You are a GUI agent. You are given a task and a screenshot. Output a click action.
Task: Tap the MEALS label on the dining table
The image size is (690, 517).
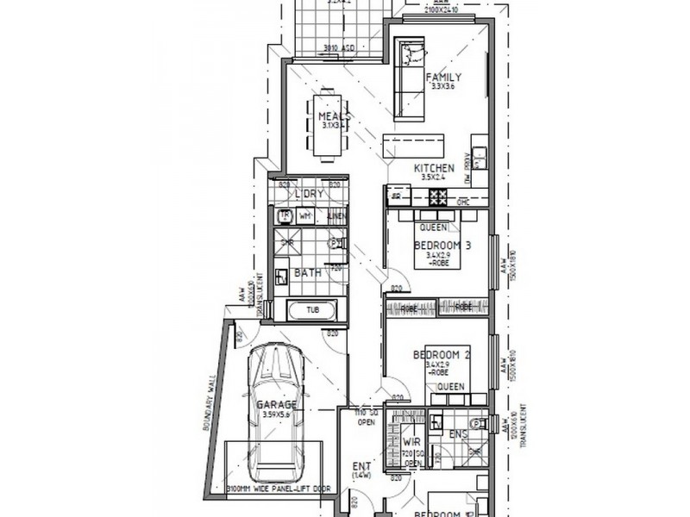(333, 116)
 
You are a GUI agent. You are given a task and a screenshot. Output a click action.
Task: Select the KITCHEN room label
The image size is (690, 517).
(434, 167)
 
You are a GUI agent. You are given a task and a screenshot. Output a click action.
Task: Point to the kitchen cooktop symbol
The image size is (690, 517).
(439, 197)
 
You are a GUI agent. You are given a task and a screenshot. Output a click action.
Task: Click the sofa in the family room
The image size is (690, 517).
(408, 78)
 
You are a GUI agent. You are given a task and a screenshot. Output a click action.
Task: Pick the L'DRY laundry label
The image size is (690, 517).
(308, 194)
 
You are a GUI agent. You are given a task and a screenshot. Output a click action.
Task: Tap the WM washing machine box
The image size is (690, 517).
(305, 215)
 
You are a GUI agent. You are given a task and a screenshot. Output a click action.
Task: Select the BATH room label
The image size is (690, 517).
(308, 273)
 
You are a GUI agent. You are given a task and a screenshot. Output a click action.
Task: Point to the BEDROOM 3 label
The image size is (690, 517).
(442, 246)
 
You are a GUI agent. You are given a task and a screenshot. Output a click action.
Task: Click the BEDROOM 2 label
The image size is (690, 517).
(441, 355)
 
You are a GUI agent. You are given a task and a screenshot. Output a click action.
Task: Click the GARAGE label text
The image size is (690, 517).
(276, 405)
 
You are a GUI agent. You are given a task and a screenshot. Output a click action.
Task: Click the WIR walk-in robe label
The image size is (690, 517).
(411, 441)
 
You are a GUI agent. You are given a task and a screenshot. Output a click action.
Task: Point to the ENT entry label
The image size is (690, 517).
(361, 468)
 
